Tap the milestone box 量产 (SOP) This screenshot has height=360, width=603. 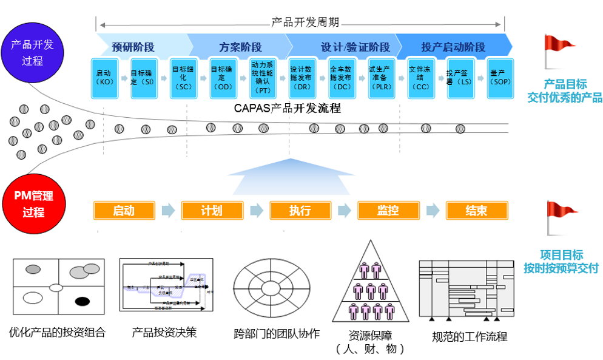click(x=500, y=78)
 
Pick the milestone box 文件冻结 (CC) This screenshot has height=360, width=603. click(x=420, y=78)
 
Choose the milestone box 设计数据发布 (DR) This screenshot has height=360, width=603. click(x=301, y=78)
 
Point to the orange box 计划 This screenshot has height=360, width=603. click(x=212, y=211)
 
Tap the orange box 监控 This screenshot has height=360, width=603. click(x=388, y=211)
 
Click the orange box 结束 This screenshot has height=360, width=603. click(x=476, y=211)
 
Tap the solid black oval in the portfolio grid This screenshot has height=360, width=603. click(x=82, y=301)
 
